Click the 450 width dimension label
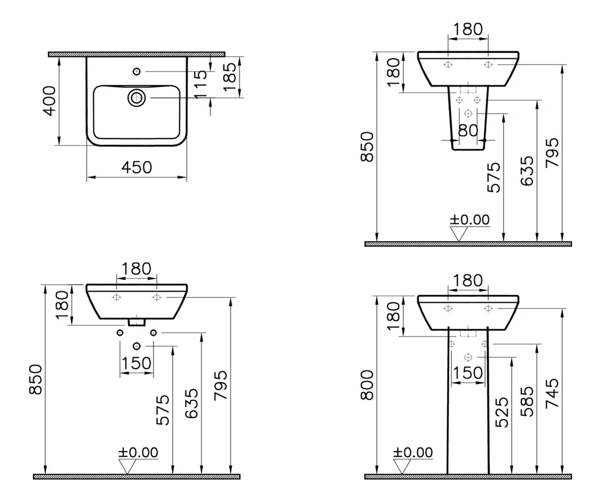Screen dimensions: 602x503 coord(136,167)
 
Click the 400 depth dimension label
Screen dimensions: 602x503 coord(50,101)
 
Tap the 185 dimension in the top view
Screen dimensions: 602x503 coord(230,77)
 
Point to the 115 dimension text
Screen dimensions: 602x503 coord(201,85)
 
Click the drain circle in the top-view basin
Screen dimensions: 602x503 coord(136,98)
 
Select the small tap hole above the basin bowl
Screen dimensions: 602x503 coord(136,71)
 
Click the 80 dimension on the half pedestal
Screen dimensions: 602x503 coord(468,130)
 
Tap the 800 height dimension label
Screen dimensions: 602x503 coord(367,385)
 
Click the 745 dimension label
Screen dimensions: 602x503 coord(552,393)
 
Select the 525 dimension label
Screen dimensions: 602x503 coord(502,412)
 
